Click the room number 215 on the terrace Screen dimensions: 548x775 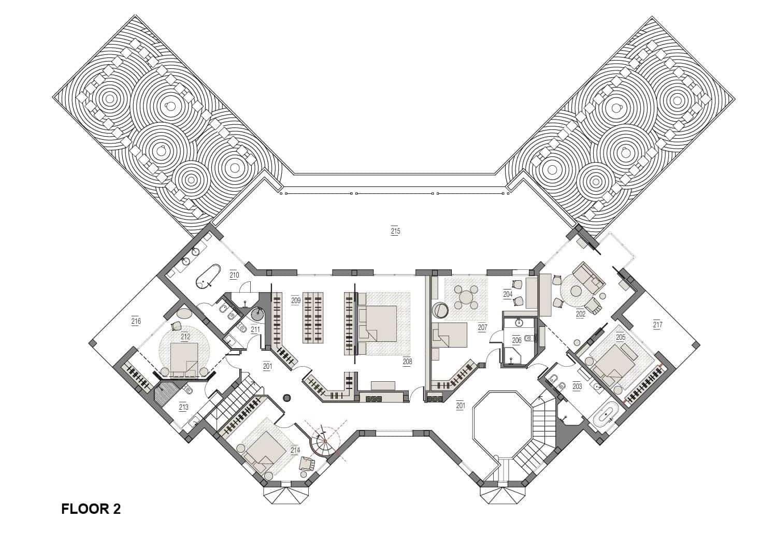click(395, 231)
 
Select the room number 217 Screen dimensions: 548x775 click(657, 325)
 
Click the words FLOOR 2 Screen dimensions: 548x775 click(91, 509)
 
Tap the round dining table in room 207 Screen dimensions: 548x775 click(467, 297)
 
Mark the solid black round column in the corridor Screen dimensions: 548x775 click(286, 398)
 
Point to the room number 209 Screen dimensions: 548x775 click(296, 300)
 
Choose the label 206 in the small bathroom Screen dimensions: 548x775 click(516, 340)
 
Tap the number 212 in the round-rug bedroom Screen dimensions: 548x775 click(185, 337)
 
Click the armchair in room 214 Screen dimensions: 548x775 click(308, 463)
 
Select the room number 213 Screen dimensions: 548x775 click(183, 407)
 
